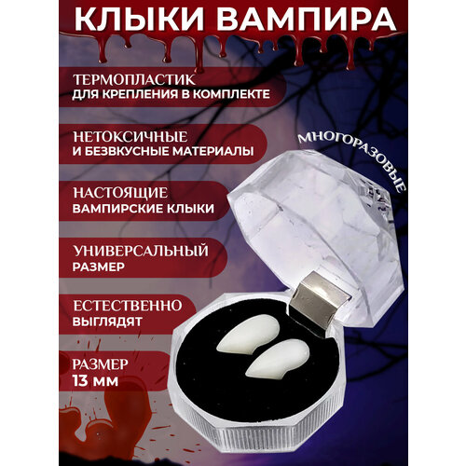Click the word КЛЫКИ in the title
(139, 20)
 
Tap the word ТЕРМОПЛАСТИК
(134, 80)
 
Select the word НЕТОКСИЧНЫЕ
(130, 137)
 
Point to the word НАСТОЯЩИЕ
(120, 193)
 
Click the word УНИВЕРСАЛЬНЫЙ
(141, 251)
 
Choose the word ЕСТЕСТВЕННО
(128, 306)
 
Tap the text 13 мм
(95, 381)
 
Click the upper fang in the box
(249, 334)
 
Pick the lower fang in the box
(278, 360)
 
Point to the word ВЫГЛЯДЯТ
(107, 322)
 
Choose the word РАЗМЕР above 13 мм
(100, 364)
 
